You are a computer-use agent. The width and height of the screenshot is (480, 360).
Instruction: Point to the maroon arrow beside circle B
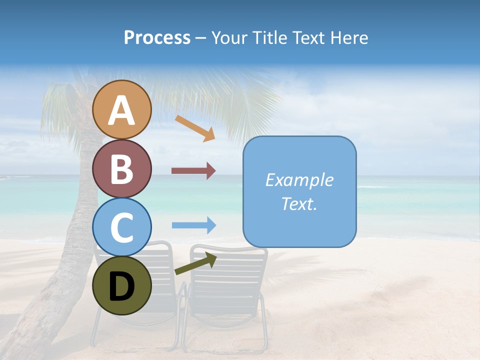tap(193, 171)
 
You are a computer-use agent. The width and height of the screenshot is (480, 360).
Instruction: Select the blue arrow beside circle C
tap(193, 225)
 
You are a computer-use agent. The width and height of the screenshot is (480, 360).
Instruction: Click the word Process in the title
tap(157, 38)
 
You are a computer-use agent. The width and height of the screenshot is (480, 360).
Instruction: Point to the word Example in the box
tap(299, 180)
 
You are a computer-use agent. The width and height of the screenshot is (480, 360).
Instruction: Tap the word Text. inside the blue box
tap(299, 203)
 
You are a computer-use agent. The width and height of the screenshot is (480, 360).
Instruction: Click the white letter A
tap(121, 110)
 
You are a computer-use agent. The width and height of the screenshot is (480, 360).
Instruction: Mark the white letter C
tap(122, 228)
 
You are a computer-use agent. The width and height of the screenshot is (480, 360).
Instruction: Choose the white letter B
tap(121, 169)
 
